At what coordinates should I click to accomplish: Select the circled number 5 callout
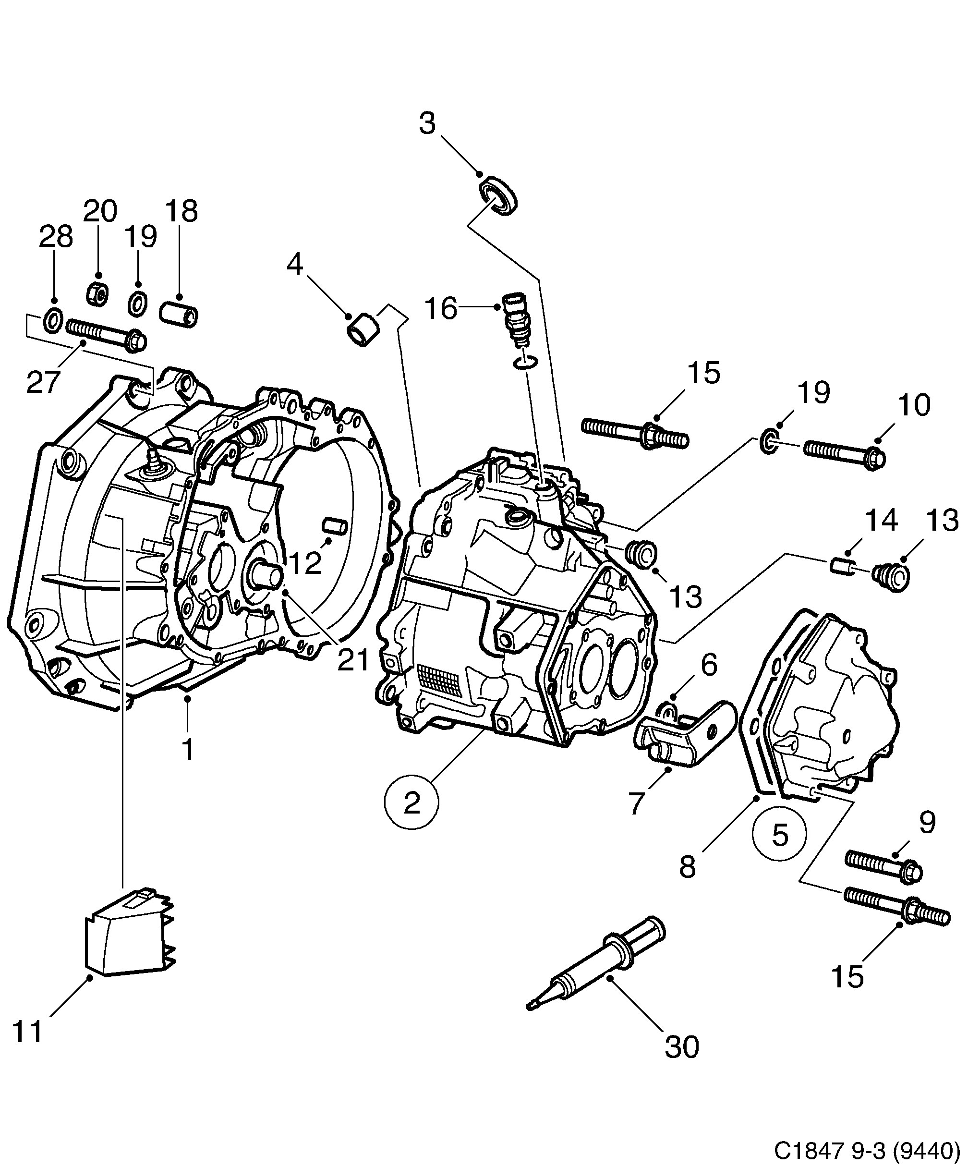(x=779, y=834)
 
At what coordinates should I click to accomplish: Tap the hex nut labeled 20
(x=98, y=293)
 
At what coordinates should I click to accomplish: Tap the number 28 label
(x=56, y=237)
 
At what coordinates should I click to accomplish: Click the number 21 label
(x=354, y=661)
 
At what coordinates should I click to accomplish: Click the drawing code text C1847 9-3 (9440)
(x=867, y=1150)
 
